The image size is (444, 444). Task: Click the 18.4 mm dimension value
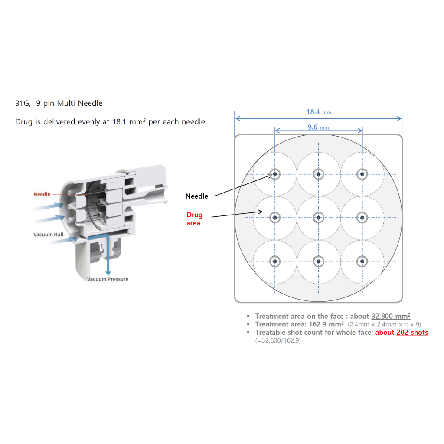[319, 112]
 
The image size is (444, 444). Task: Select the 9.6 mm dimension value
[318, 127]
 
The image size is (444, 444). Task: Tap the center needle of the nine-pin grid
[319, 218]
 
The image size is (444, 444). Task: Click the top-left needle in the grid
[275, 174]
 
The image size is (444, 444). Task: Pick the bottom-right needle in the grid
[362, 261]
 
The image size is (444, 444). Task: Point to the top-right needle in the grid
[362, 174]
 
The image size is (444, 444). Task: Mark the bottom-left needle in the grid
[275, 261]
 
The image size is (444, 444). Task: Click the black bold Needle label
[197, 196]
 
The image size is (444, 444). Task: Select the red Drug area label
[194, 219]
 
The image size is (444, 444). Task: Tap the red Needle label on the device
[42, 194]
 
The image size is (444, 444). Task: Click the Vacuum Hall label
[49, 235]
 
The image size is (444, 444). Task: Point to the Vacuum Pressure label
[108, 279]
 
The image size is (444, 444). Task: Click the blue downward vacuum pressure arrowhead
[108, 273]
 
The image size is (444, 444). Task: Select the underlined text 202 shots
[412, 333]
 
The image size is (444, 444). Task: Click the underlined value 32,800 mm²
[391, 316]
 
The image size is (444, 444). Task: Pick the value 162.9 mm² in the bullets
[326, 324]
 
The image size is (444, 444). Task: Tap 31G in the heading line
[23, 103]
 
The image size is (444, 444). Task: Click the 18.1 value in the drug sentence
[119, 122]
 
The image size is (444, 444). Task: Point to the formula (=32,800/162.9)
[278, 340]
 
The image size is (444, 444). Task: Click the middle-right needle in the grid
[362, 218]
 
